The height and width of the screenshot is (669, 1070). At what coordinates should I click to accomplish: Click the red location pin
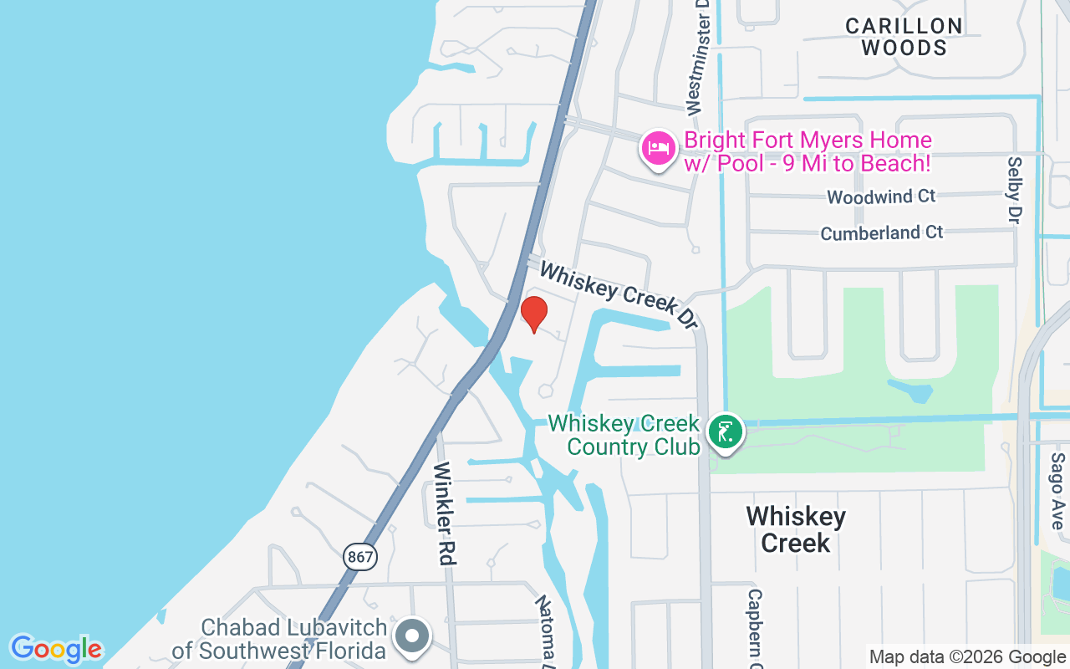click(x=533, y=314)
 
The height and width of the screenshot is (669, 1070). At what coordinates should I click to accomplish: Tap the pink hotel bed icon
click(x=659, y=149)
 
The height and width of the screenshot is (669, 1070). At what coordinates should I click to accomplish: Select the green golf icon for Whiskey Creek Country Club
click(x=725, y=432)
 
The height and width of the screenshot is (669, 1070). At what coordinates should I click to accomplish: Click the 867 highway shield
click(x=359, y=556)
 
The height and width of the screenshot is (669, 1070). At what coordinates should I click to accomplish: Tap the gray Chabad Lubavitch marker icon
click(x=411, y=636)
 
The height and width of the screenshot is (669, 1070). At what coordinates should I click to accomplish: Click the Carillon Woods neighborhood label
click(x=904, y=37)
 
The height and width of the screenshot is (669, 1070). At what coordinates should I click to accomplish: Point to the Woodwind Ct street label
click(x=881, y=197)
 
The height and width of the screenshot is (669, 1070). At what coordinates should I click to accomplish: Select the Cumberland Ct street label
click(x=881, y=232)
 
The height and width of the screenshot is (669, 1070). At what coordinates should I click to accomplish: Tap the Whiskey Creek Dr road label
click(x=618, y=293)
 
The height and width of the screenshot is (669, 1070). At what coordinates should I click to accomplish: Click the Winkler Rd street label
click(x=443, y=513)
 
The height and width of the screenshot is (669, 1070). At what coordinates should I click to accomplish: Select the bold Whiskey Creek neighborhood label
click(x=796, y=529)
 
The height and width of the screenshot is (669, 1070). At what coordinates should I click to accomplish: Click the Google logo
click(x=56, y=649)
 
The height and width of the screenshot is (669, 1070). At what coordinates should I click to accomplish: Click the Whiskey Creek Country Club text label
click(x=632, y=435)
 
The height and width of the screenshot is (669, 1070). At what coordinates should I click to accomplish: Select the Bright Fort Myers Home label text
click(x=807, y=151)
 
